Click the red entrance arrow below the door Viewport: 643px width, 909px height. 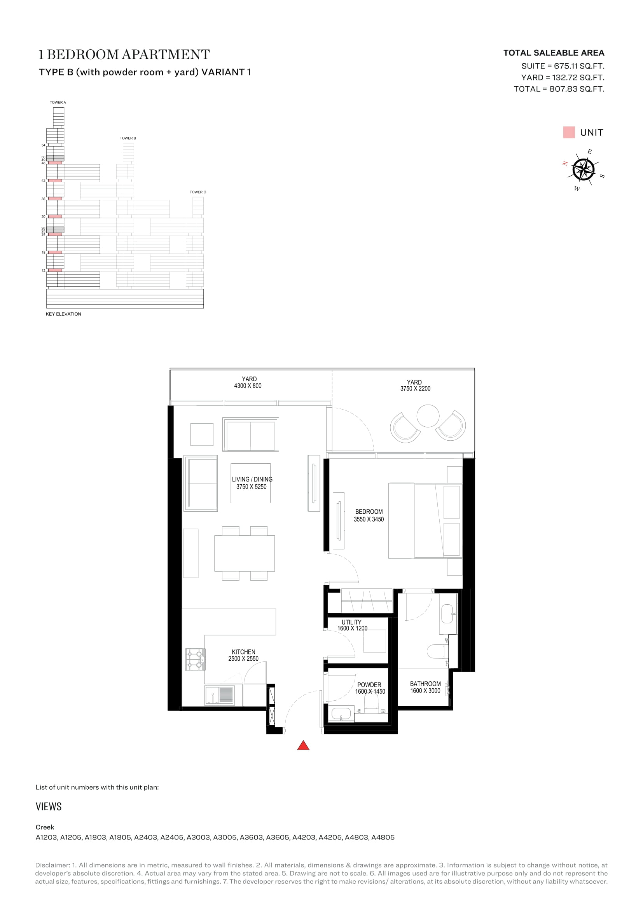[303, 745]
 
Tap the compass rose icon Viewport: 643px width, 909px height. [583, 169]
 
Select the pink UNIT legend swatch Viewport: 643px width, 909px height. [569, 132]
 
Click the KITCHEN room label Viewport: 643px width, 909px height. [243, 652]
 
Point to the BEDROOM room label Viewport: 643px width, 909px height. [369, 511]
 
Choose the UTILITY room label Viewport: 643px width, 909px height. [351, 622]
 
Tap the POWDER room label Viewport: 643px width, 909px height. [369, 684]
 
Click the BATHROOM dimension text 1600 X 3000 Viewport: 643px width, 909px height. [425, 691]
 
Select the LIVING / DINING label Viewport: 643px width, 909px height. [252, 479]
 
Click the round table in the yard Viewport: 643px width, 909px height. [428, 416]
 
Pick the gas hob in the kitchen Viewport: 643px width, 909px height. [195, 659]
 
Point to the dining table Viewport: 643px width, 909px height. [245, 553]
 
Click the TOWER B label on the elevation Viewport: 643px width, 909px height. [128, 138]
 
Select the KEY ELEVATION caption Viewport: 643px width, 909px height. [63, 314]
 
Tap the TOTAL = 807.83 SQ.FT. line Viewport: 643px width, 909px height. [559, 89]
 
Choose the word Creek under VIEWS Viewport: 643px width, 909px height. [45, 827]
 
